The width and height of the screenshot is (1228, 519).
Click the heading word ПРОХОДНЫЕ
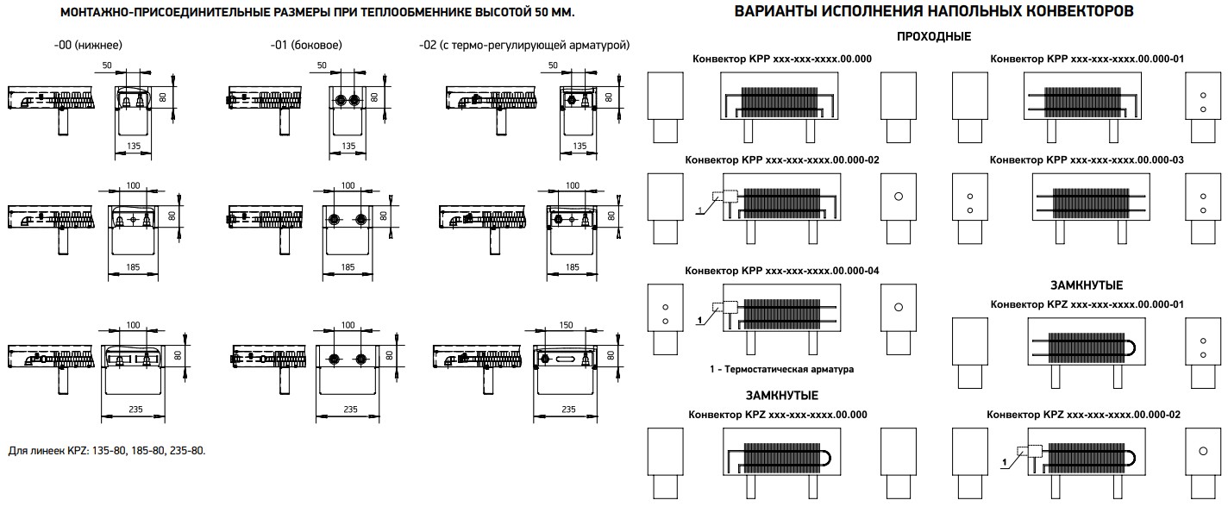click(x=933, y=36)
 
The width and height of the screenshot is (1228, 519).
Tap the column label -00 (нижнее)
click(x=82, y=45)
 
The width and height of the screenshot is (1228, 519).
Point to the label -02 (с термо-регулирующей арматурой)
click(x=523, y=45)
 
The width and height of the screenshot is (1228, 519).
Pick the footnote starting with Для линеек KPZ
click(x=107, y=450)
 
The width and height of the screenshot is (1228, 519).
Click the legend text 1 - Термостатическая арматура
click(x=780, y=369)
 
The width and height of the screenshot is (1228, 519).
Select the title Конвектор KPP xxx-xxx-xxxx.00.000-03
click(x=1087, y=160)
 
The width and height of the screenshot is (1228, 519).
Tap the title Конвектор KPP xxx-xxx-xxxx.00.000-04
click(x=781, y=270)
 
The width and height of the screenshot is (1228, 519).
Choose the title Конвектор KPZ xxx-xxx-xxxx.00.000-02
click(x=1086, y=414)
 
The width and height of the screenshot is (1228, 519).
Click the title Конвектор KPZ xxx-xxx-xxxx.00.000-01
click(x=1086, y=304)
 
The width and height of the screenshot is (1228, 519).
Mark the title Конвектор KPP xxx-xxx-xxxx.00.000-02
click(x=781, y=160)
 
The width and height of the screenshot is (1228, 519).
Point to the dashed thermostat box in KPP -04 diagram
click(x=724, y=306)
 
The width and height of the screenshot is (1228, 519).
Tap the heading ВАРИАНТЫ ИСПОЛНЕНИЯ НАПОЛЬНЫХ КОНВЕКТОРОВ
click(x=933, y=12)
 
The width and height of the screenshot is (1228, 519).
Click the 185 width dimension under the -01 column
click(x=348, y=267)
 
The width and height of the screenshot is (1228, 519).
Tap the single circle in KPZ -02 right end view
click(x=1201, y=451)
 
